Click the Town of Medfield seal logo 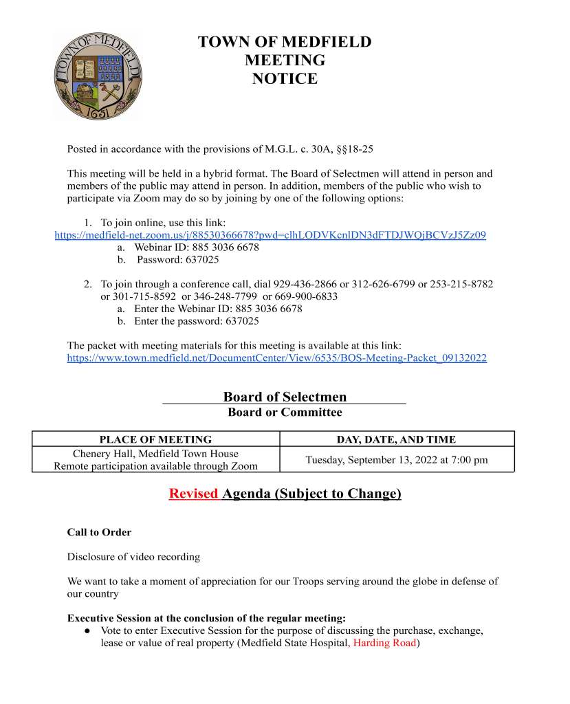(98, 76)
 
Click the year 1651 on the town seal (98, 112)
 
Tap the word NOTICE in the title (285, 79)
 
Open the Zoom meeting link (270, 235)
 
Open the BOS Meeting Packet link (276, 358)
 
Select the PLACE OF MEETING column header (155, 439)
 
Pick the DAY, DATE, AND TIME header (396, 439)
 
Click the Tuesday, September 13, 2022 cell (397, 460)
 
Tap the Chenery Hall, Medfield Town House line (155, 454)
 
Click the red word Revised (193, 494)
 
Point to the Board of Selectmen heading (285, 397)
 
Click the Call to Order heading (99, 532)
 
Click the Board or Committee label (285, 412)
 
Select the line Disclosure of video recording (133, 556)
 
